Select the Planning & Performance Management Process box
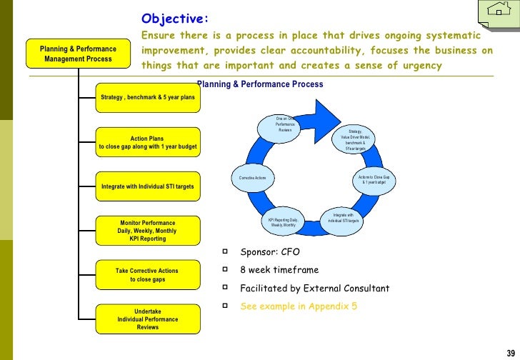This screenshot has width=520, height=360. tap(78, 54)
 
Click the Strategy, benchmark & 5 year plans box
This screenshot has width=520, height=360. tap(148, 97)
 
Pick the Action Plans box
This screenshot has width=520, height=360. tap(148, 143)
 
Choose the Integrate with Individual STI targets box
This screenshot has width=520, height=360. tap(148, 187)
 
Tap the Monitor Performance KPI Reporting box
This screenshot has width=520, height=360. tap(148, 231)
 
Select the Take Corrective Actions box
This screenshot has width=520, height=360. tap(148, 275)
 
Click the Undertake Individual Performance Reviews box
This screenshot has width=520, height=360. tap(148, 319)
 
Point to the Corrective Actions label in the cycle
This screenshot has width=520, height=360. tap(252, 177)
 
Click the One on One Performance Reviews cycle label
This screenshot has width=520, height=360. tap(285, 124)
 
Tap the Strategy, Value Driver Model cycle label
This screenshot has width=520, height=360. tap(355, 140)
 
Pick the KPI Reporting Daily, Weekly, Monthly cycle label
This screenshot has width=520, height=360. tap(283, 222)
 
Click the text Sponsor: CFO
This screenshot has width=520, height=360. tap(270, 252)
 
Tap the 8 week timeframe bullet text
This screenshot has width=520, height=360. tap(279, 271)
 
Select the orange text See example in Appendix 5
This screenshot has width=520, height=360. tap(299, 306)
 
